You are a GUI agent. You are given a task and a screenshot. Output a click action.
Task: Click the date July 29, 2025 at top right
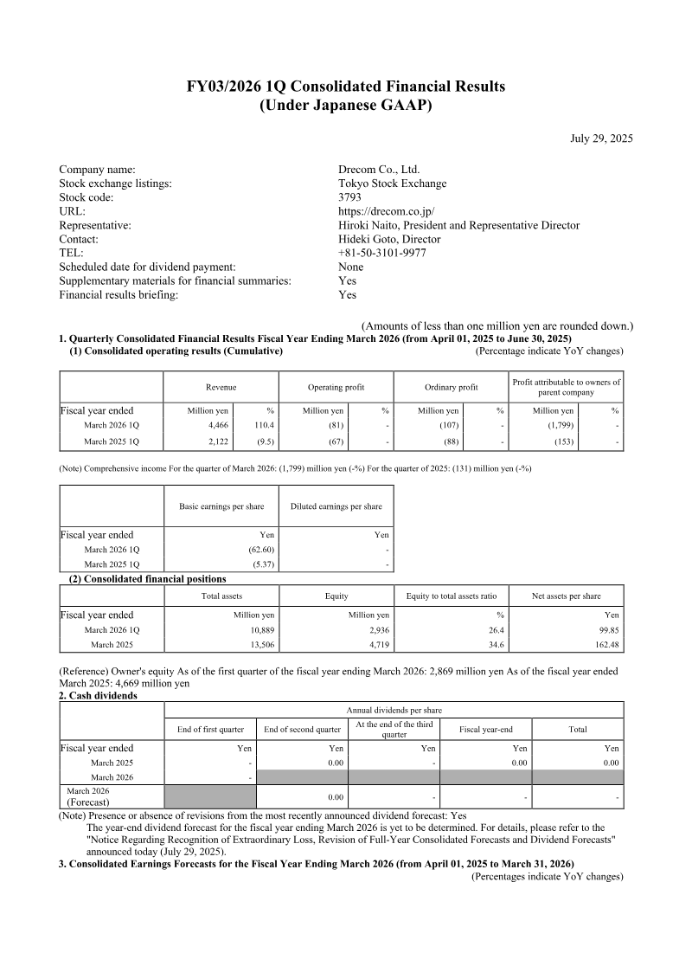click(x=601, y=138)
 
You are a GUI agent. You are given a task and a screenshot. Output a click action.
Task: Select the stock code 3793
click(x=349, y=197)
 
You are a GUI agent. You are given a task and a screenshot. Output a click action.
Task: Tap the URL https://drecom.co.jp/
click(x=386, y=211)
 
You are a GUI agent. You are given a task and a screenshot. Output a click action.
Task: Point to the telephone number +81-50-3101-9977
click(x=381, y=253)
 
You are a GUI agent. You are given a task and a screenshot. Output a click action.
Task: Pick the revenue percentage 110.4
click(x=263, y=426)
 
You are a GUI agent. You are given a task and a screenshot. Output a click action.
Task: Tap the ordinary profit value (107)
click(x=446, y=426)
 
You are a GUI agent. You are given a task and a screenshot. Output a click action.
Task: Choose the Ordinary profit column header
click(x=451, y=388)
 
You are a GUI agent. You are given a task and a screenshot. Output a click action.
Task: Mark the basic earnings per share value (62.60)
click(x=260, y=550)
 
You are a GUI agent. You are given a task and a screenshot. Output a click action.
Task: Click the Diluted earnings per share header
click(x=336, y=506)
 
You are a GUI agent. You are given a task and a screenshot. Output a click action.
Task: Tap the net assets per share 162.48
click(x=605, y=645)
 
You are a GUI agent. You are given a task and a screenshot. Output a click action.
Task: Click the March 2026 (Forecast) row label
click(x=88, y=796)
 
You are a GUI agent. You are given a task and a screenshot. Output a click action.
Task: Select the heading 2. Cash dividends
click(x=97, y=695)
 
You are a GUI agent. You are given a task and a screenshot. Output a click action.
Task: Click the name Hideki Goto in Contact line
click(x=368, y=239)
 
